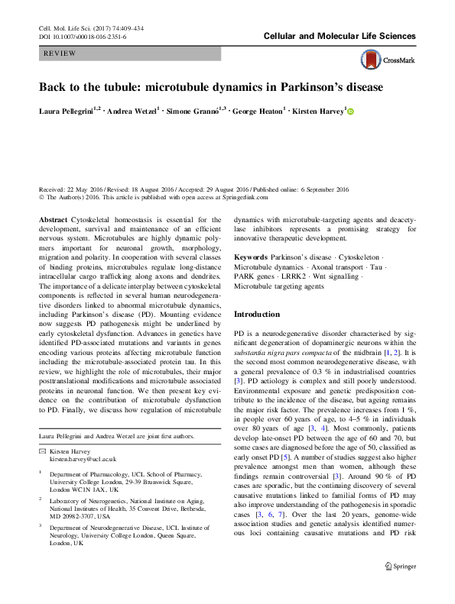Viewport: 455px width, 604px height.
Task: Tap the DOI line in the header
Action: tap(83, 36)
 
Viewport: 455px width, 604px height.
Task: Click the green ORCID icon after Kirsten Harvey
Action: tap(352, 111)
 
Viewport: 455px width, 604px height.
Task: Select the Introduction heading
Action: tap(258, 314)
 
